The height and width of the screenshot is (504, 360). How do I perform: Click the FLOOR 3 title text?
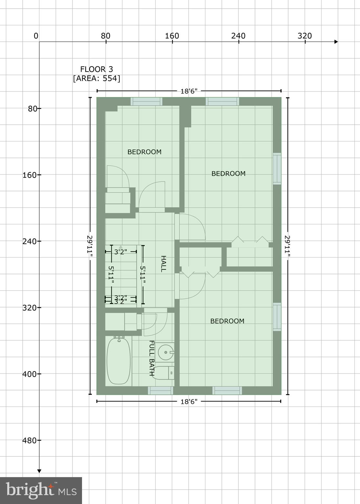(96, 69)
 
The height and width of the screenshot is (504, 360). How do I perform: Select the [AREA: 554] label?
(96, 78)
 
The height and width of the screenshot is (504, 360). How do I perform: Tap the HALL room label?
(163, 264)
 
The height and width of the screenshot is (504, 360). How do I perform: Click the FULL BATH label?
(152, 358)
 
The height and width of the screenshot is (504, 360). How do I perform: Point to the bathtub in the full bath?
(118, 360)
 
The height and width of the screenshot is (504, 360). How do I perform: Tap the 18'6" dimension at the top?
(189, 91)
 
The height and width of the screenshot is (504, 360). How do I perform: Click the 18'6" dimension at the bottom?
(189, 401)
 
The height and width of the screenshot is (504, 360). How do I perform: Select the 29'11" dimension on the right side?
(288, 246)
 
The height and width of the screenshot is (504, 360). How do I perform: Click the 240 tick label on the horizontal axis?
(238, 36)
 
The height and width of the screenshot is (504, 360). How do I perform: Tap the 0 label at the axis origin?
(36, 36)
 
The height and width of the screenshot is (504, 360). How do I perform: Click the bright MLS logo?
(41, 491)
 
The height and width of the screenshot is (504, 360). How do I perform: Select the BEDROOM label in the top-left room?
(144, 152)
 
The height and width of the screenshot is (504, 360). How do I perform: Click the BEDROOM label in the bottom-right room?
(227, 321)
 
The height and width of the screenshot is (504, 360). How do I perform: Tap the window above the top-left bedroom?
(146, 101)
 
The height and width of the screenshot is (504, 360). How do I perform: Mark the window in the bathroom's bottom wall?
(160, 390)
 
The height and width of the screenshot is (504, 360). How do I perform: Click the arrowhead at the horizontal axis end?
(336, 42)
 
